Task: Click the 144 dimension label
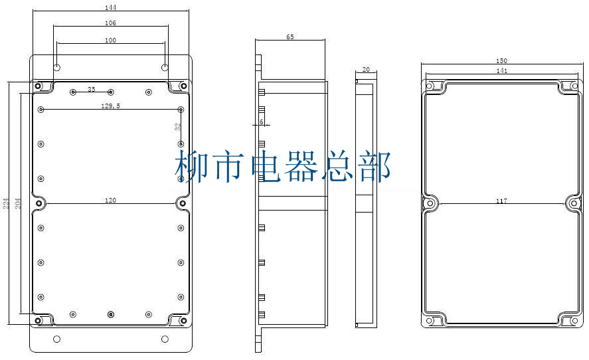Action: pos(111,7)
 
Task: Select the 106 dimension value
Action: pos(111,23)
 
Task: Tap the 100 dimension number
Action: pos(111,41)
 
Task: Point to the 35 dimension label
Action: pos(92,89)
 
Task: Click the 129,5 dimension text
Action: pos(110,106)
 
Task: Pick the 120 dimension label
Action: pos(110,200)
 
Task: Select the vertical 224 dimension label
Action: pos(5,204)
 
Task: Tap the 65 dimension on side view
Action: pos(290,37)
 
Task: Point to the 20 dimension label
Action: pos(365,70)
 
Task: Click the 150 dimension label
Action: pos(502,61)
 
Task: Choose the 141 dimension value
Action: pos(502,70)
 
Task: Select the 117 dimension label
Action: pos(501,201)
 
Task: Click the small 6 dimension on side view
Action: pos(262,122)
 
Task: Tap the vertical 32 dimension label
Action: pos(177,126)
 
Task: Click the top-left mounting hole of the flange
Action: pos(57,68)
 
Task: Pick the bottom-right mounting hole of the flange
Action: pos(165,339)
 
